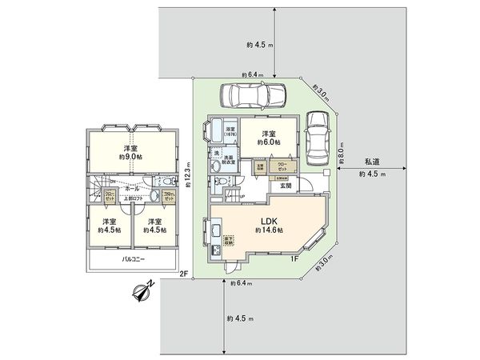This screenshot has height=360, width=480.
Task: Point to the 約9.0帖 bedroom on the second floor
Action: click(x=130, y=153)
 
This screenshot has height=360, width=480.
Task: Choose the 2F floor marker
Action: click(x=183, y=274)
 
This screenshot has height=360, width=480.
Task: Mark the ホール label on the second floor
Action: click(x=132, y=188)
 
